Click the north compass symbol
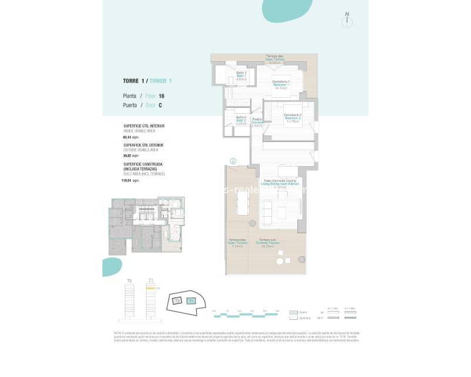(x=348, y=21)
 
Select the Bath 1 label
(x=241, y=75)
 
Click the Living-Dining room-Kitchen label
(x=280, y=184)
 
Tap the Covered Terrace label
(x=269, y=243)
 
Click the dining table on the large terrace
(x=243, y=203)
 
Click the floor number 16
(x=161, y=95)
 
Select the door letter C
(x=160, y=105)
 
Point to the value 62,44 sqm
(x=130, y=136)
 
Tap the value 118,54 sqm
(x=131, y=180)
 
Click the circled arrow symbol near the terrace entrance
(x=233, y=160)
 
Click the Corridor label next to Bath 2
(x=257, y=122)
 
